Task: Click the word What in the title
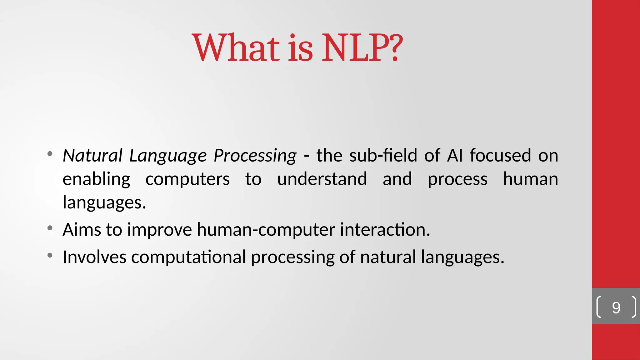236,48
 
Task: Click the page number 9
616,308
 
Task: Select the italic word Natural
92,155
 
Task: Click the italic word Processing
255,156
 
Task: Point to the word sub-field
383,155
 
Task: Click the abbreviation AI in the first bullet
455,155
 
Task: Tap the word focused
500,155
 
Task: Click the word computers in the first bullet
187,179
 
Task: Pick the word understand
322,179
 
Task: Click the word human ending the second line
530,179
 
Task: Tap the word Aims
82,230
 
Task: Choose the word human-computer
266,230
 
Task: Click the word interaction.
385,230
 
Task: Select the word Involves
94,257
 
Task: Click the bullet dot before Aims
50,228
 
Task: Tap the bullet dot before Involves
50,255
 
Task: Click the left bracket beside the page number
598,307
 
